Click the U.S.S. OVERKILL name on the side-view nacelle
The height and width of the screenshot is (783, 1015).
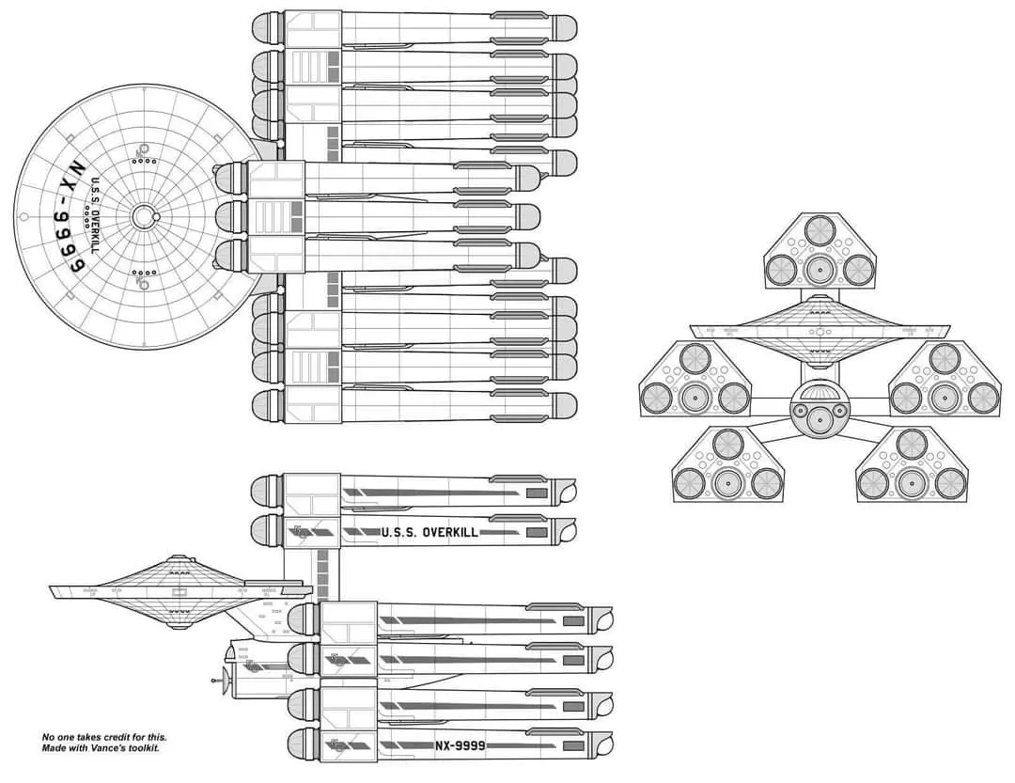point(429,532)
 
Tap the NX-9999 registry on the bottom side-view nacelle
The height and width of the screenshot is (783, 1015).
point(461,745)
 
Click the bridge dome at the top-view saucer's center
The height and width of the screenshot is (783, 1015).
point(143,217)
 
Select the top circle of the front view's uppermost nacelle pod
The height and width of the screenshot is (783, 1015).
point(820,229)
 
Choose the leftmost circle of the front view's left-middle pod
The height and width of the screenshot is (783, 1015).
point(656,398)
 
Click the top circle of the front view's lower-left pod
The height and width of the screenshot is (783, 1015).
point(728,444)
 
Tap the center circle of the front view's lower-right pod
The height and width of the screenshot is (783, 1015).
point(912,483)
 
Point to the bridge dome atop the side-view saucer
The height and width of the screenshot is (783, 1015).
point(180,561)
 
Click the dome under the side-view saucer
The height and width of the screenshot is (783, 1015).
point(179,616)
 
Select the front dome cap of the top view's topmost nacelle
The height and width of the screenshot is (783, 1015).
point(268,28)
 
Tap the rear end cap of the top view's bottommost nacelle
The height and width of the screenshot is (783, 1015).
point(565,406)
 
